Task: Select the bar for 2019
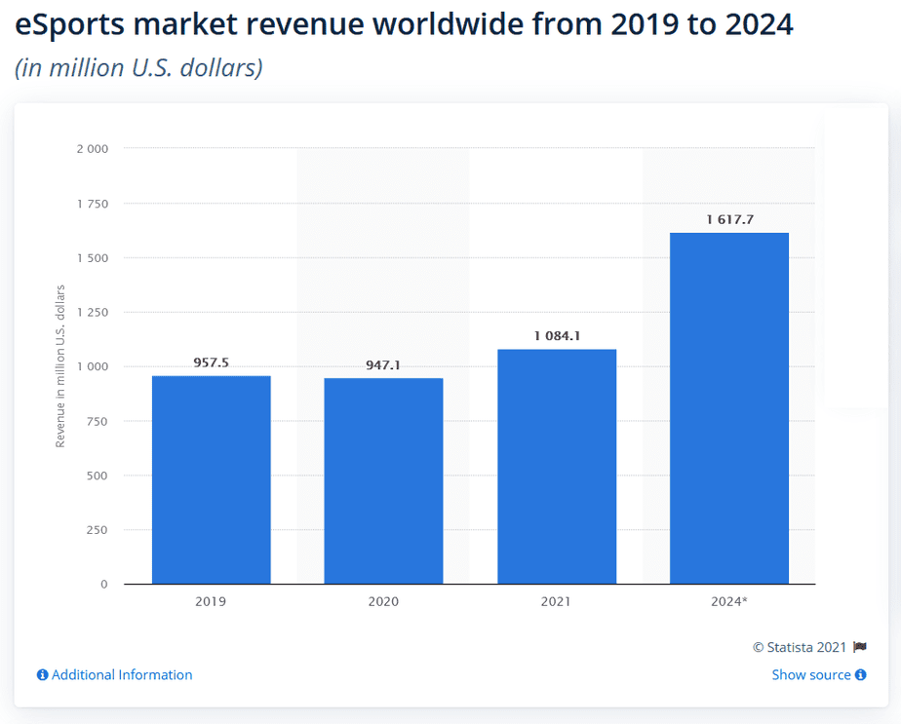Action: pyautogui.click(x=211, y=479)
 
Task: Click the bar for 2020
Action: pyautogui.click(x=383, y=480)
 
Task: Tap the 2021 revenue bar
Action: pyautogui.click(x=556, y=466)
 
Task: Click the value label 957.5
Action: pyautogui.click(x=211, y=362)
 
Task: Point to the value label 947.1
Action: pyautogui.click(x=383, y=364)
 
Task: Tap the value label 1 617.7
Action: pyautogui.click(x=729, y=219)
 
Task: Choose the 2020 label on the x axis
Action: pyautogui.click(x=383, y=602)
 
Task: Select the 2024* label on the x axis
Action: pyautogui.click(x=729, y=602)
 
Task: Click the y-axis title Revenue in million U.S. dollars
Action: pyautogui.click(x=60, y=366)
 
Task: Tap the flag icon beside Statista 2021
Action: pyautogui.click(x=859, y=647)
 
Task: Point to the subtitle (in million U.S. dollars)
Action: pyautogui.click(x=138, y=69)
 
